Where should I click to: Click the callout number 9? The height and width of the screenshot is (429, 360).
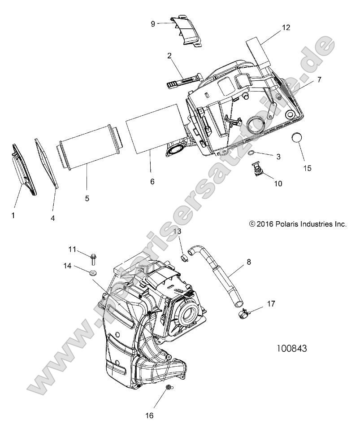pos(153,24)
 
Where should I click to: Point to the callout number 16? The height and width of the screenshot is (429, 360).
pos(149,416)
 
